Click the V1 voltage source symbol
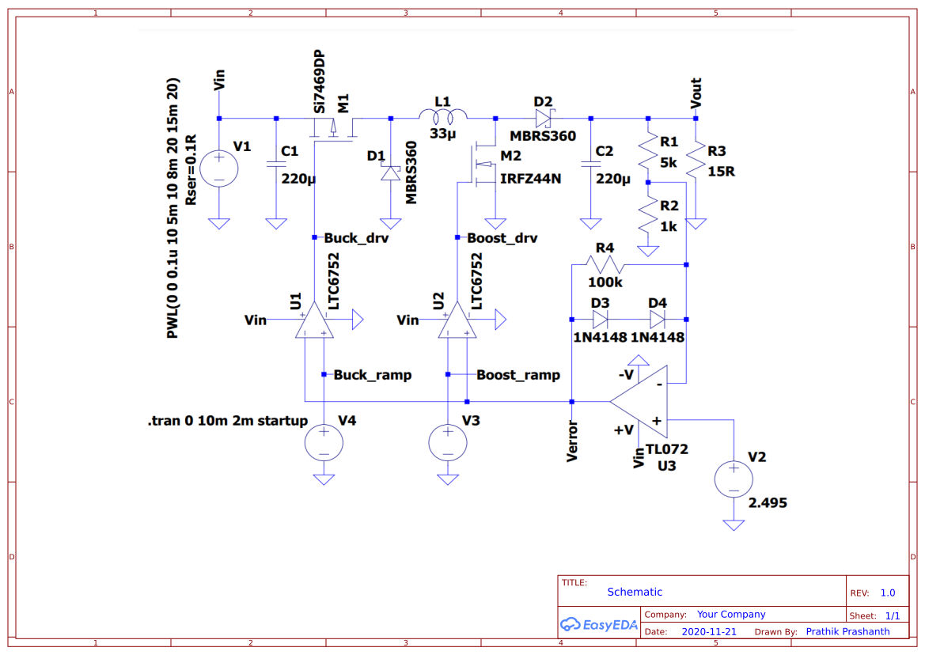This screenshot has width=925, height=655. click(x=218, y=168)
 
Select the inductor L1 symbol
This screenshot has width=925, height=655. click(x=443, y=118)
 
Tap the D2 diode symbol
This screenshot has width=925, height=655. click(x=543, y=118)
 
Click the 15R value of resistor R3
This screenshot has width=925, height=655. click(x=721, y=171)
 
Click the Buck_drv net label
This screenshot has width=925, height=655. click(x=356, y=237)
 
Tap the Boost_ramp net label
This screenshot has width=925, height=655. click(x=518, y=375)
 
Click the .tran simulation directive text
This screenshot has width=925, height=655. click(x=227, y=421)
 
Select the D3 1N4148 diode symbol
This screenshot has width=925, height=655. click(x=600, y=319)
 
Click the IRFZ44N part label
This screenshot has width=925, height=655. click(x=530, y=179)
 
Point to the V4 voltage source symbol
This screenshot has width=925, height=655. click(x=324, y=442)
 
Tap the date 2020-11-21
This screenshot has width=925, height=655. click(x=709, y=631)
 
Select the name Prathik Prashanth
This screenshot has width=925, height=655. click(x=847, y=631)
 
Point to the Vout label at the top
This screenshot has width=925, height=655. click(x=696, y=93)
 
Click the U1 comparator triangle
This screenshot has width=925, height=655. click(x=314, y=321)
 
